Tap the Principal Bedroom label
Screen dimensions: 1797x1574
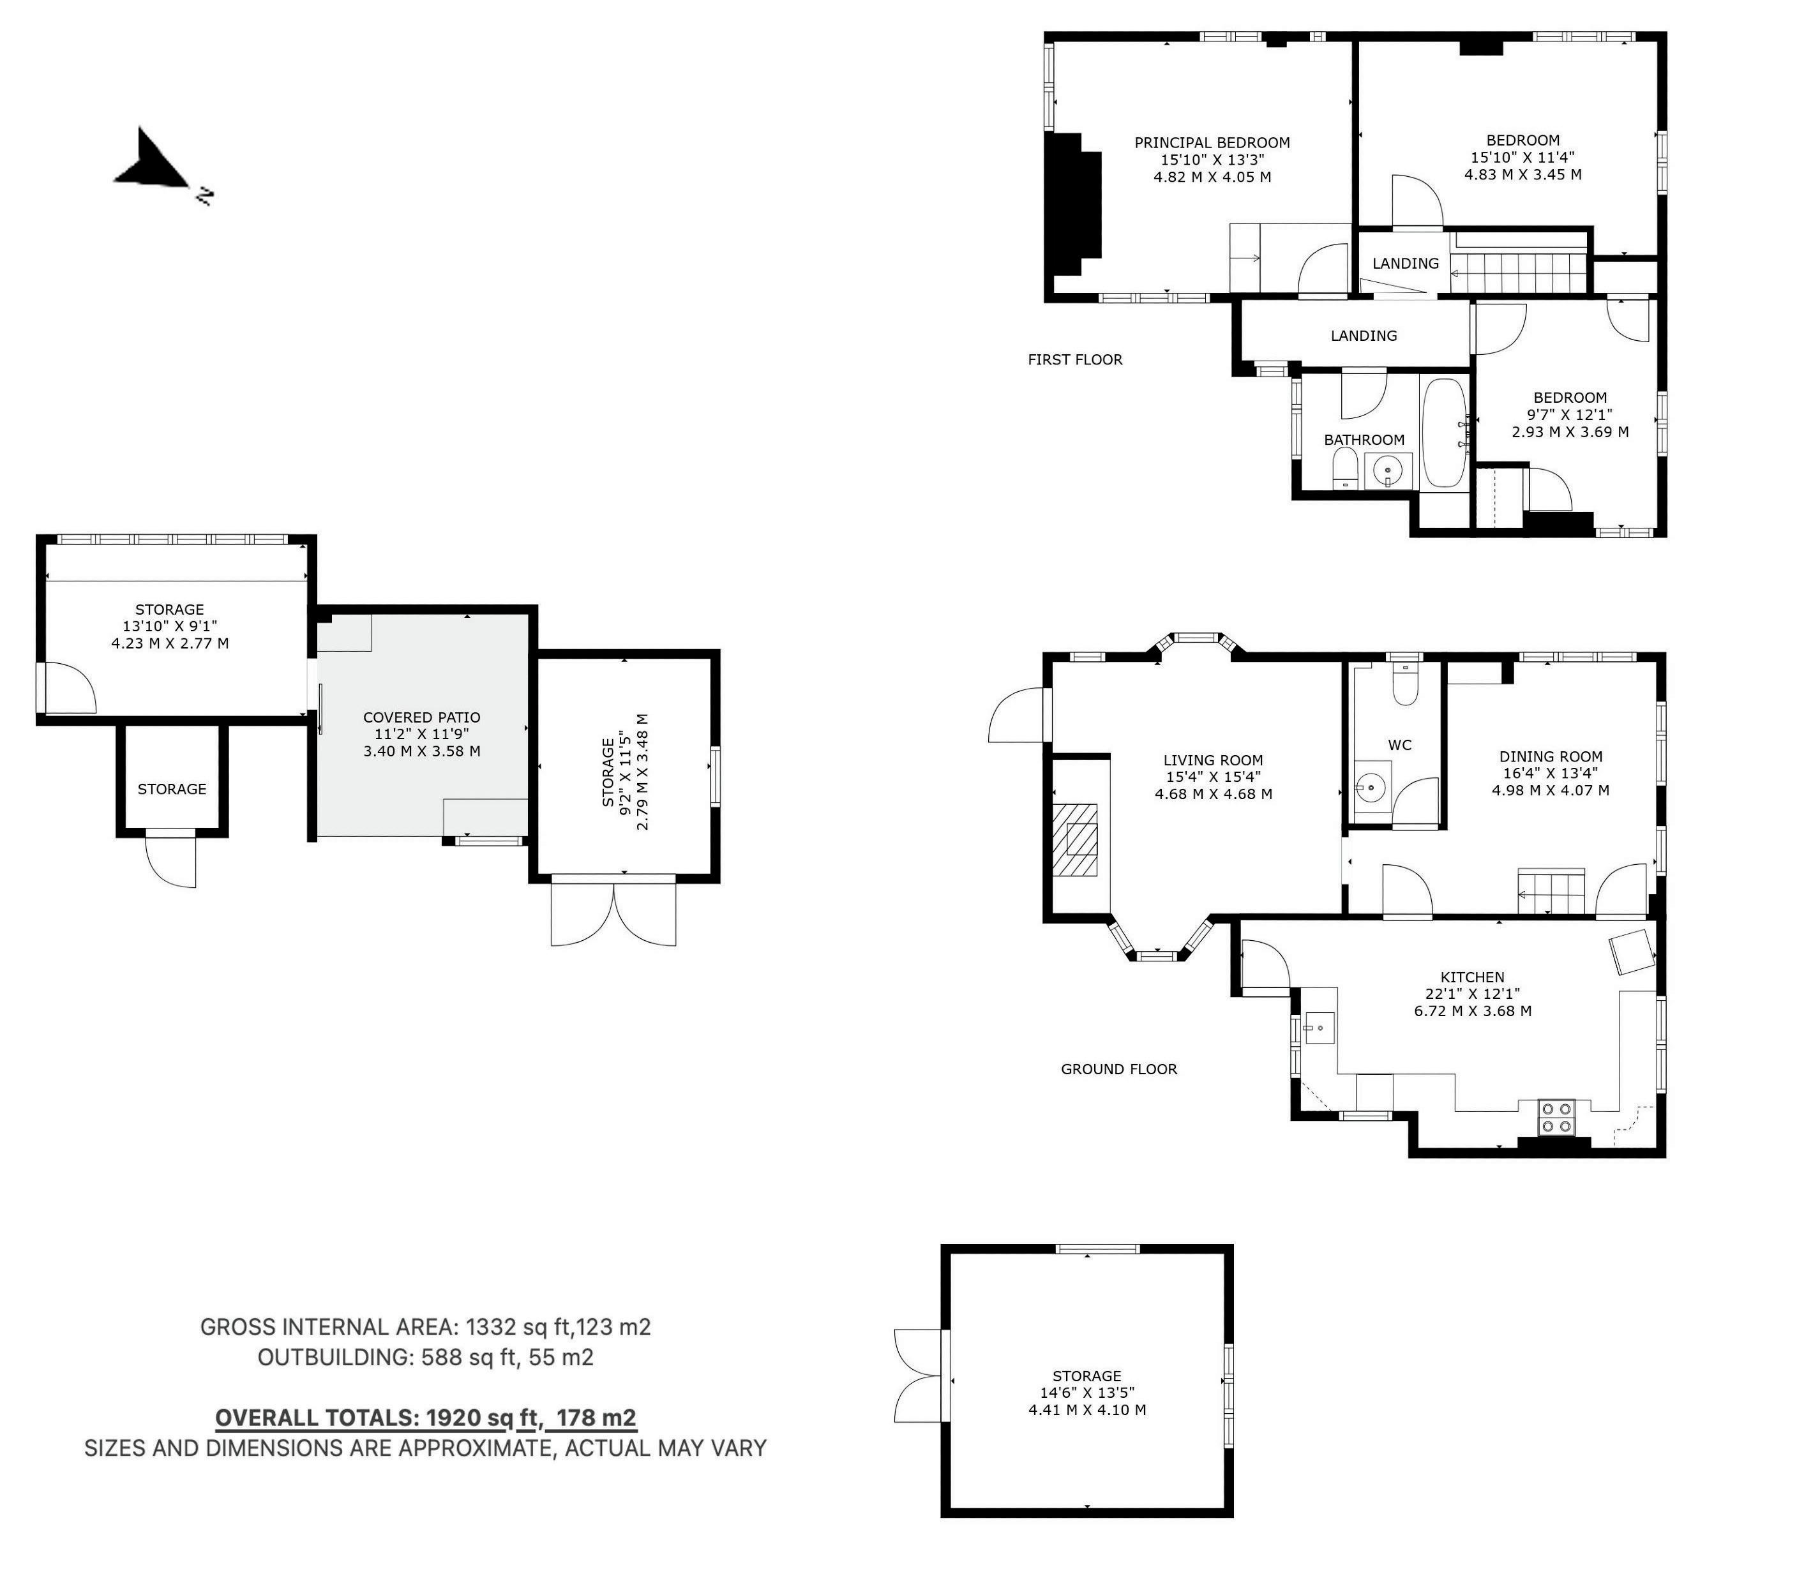pos(1212,143)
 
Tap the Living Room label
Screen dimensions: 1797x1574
pos(1213,761)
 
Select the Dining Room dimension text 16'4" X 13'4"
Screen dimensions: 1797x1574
pos(1550,774)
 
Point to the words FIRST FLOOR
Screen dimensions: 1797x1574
pos(1075,359)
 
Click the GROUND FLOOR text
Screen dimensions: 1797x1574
pos(1119,1069)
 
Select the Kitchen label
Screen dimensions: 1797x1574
pos(1473,978)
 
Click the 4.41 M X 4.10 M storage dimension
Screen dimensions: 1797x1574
pos(1087,1410)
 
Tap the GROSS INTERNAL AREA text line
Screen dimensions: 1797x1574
pos(426,1327)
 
